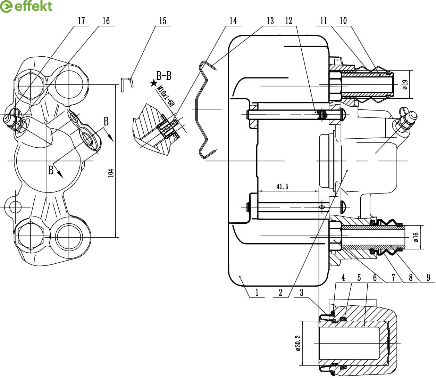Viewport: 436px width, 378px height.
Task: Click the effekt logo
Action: [26, 6]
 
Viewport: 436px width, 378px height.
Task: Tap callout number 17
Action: [81, 21]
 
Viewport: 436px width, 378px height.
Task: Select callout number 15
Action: [162, 21]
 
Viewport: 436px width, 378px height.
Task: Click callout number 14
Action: [233, 21]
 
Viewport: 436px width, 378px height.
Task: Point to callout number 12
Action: [288, 21]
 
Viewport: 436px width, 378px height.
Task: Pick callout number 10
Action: [343, 21]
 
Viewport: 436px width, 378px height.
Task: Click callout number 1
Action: [257, 293]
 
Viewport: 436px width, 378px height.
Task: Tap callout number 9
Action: [428, 278]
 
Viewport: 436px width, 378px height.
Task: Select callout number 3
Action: [302, 293]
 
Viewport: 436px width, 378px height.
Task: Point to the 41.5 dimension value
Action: [282, 187]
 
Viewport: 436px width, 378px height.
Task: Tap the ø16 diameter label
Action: [416, 237]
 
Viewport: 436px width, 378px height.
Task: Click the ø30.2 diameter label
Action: [298, 343]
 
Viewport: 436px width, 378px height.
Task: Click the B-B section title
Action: [164, 76]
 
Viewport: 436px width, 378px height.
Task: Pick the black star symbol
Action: [153, 83]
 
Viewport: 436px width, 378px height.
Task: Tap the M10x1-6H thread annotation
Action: [165, 96]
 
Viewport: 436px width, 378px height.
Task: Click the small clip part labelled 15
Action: [126, 84]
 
